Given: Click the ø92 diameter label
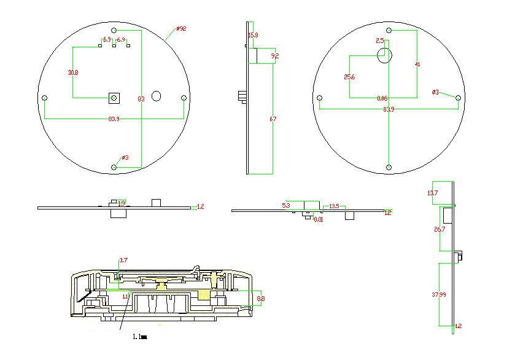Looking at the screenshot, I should pyautogui.click(x=181, y=29).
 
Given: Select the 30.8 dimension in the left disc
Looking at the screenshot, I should pyautogui.click(x=73, y=72).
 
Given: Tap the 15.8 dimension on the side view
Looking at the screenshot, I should pyautogui.click(x=253, y=36).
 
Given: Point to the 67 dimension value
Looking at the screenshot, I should pyautogui.click(x=273, y=120).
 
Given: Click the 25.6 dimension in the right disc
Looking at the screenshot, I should pyautogui.click(x=349, y=77).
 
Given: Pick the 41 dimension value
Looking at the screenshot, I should pyautogui.click(x=418, y=64).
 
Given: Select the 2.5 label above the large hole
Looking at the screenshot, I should pyautogui.click(x=380, y=41).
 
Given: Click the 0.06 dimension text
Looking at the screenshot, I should pyautogui.click(x=382, y=98).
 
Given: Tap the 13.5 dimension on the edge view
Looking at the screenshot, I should pyautogui.click(x=334, y=206).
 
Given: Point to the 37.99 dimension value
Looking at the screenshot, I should pyautogui.click(x=438, y=295).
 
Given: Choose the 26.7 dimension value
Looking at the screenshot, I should pyautogui.click(x=440, y=229).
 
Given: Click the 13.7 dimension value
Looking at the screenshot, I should pyautogui.click(x=433, y=194).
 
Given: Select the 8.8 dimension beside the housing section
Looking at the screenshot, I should pyautogui.click(x=260, y=299).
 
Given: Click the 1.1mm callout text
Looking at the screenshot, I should pyautogui.click(x=140, y=337).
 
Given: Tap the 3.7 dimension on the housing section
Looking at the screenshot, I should pyautogui.click(x=123, y=260).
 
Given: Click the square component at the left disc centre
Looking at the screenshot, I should pyautogui.click(x=114, y=97).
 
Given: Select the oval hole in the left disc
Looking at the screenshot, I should pyautogui.click(x=156, y=96).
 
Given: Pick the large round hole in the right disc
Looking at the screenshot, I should pyautogui.click(x=384, y=56).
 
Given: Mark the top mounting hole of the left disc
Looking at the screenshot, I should pyautogui.click(x=114, y=30).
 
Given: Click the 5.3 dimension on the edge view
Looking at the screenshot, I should pyautogui.click(x=286, y=205).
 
